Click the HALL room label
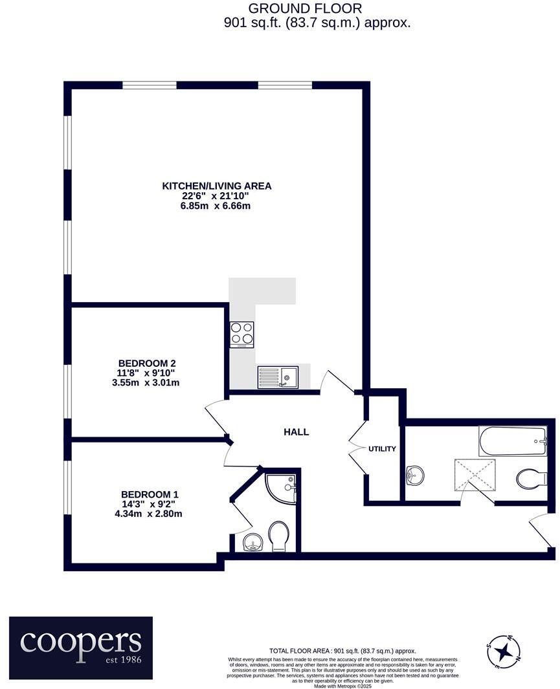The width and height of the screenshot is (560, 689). click(296, 432)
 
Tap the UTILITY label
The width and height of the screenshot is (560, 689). click(382, 449)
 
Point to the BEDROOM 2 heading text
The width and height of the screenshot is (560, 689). click(147, 363)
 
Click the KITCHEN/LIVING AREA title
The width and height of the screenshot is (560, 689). click(216, 186)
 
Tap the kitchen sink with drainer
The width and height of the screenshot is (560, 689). click(277, 377)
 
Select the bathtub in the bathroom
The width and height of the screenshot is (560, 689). click(512, 441)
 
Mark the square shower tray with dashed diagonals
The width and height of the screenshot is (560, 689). click(475, 476)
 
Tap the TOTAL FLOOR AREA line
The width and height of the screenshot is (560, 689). click(342, 651)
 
